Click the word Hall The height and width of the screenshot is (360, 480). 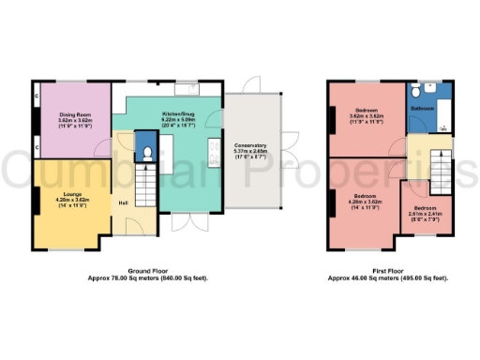coord(123,202)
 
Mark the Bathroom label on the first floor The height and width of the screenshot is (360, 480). coord(423,109)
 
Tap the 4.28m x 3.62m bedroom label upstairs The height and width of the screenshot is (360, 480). coord(361,202)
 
